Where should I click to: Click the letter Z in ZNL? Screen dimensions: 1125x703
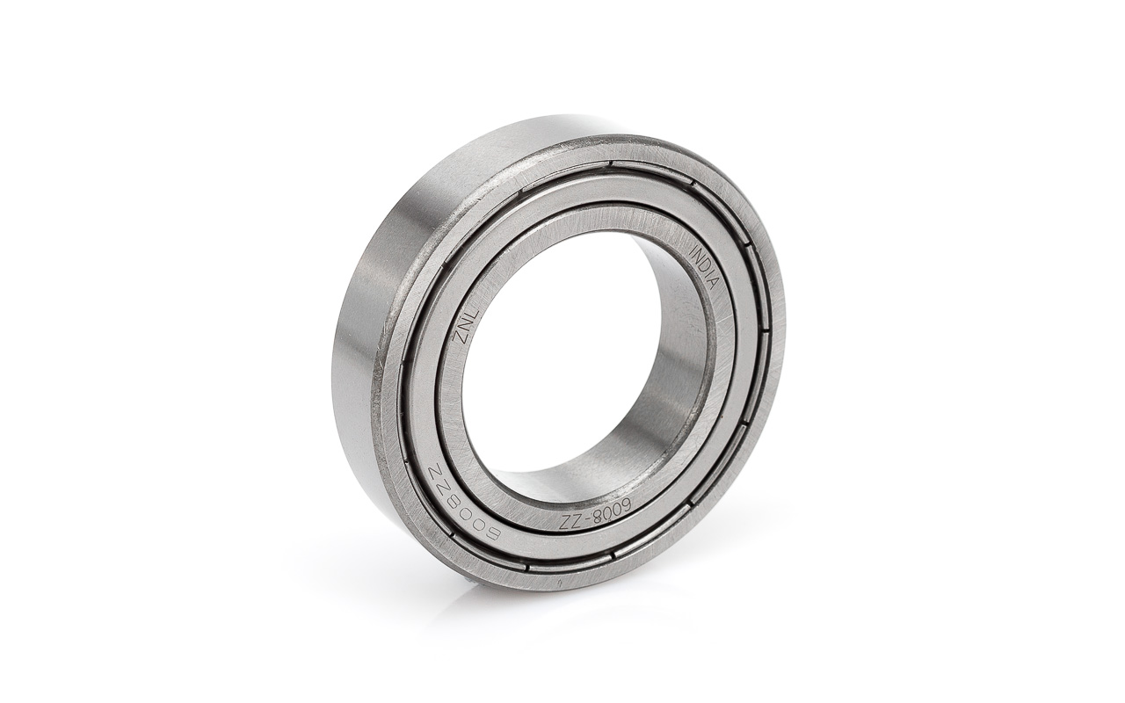click(458, 337)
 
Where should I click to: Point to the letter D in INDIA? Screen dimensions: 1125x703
click(704, 265)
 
